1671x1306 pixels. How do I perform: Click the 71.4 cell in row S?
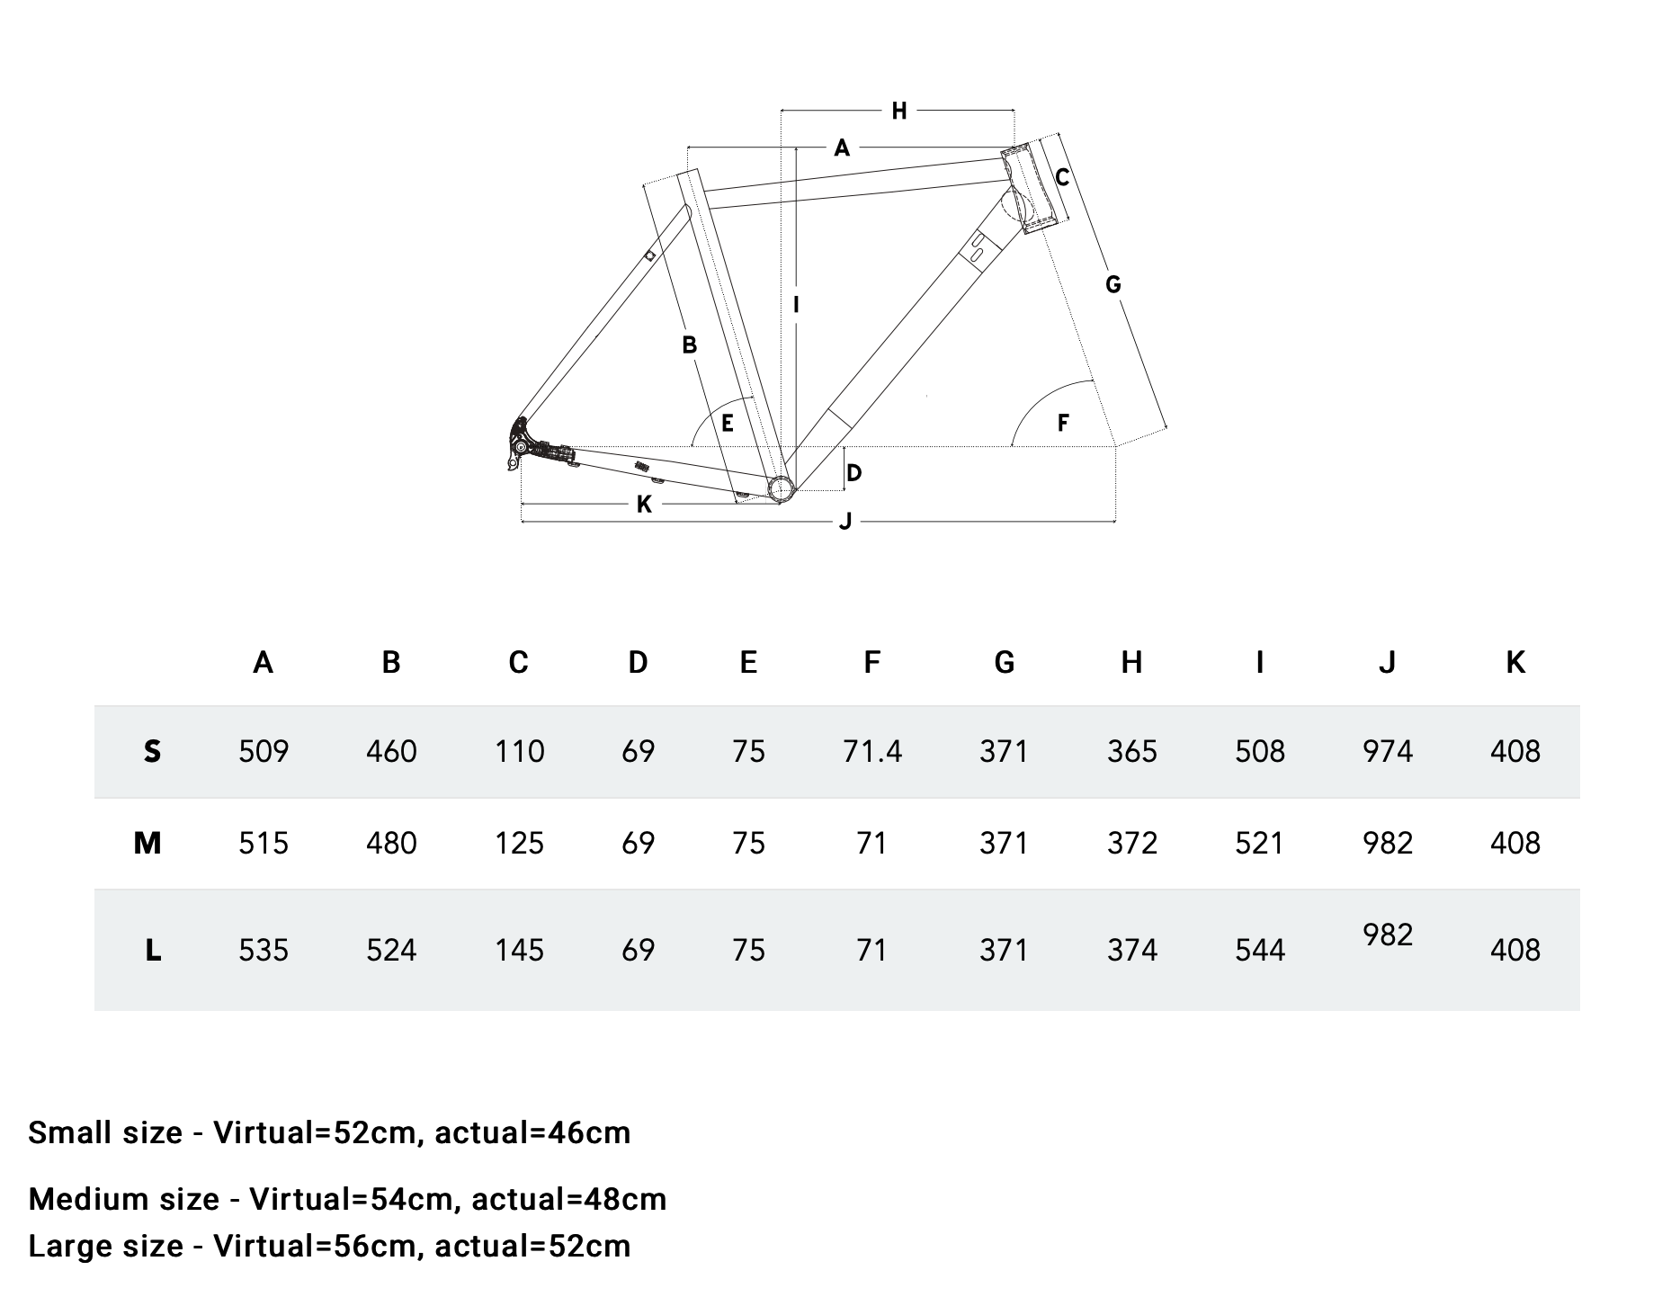[871, 751]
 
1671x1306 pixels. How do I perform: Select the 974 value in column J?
[1387, 751]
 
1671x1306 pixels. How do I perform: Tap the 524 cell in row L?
[391, 950]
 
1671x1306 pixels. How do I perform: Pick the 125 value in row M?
[519, 843]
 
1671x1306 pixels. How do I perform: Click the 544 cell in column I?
[1259, 950]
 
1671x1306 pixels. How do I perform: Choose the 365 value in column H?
[1131, 751]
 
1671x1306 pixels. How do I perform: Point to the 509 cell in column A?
[264, 751]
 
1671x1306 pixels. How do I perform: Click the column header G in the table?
[1004, 662]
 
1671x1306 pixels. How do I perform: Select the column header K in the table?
[1515, 662]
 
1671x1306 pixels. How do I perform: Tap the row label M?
[147, 843]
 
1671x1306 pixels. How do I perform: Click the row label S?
[152, 751]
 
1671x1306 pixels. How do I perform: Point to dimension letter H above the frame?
[898, 111]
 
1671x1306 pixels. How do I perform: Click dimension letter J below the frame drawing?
[844, 522]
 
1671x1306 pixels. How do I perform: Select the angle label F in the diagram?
[1063, 422]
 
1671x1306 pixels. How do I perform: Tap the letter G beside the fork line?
[1113, 284]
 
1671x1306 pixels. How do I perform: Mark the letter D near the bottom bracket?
[854, 472]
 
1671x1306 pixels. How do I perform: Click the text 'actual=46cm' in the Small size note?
[532, 1132]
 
